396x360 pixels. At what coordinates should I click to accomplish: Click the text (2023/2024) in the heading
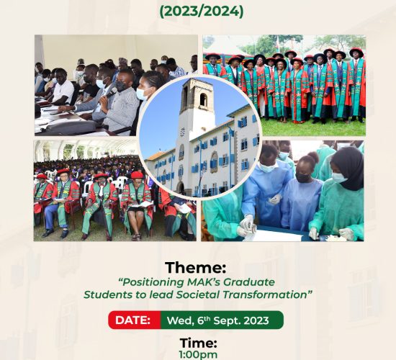(x=202, y=12)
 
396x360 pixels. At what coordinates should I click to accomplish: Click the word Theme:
(x=195, y=268)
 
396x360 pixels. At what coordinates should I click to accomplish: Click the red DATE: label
(x=133, y=320)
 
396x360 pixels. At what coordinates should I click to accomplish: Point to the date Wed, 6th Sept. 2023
(x=217, y=320)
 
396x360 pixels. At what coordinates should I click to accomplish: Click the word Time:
(x=198, y=343)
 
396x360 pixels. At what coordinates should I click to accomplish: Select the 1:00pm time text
(x=198, y=355)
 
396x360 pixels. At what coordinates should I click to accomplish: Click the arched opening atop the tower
(x=204, y=100)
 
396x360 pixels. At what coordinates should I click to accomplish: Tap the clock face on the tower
(x=182, y=132)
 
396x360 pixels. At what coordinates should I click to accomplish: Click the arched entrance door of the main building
(x=180, y=187)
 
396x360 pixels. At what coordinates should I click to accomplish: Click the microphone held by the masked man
(x=111, y=92)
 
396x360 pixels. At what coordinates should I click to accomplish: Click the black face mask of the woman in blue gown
(x=303, y=177)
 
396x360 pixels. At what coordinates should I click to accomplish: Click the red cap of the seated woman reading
(x=137, y=175)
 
